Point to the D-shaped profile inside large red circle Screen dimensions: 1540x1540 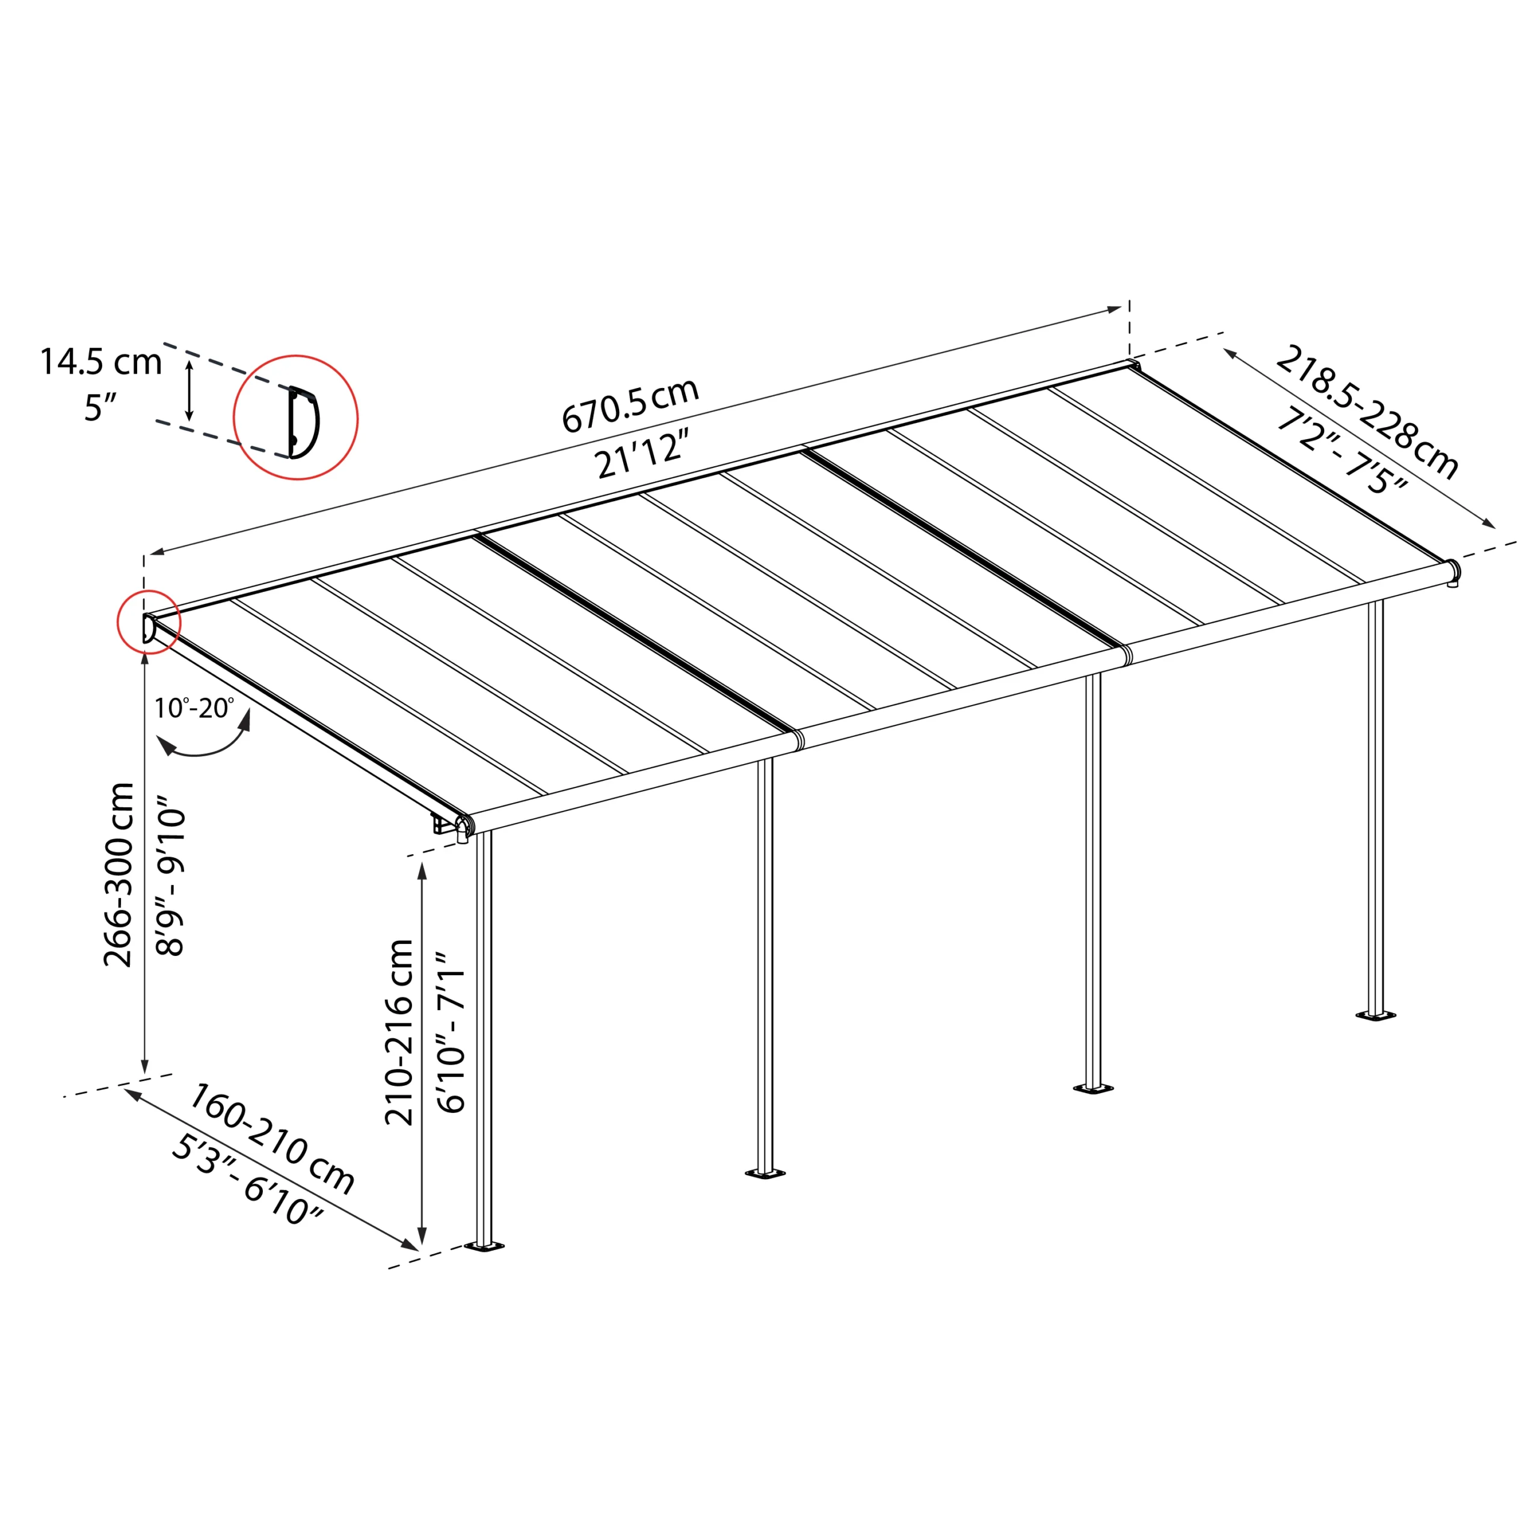tap(303, 422)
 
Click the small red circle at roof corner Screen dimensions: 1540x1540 tap(149, 622)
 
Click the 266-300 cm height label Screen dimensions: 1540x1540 tap(120, 875)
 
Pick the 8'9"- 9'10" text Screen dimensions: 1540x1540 tap(171, 875)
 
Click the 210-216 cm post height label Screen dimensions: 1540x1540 tap(399, 1032)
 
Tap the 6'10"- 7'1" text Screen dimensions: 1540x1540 tap(451, 1032)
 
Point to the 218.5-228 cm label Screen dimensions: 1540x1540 tap(1366, 412)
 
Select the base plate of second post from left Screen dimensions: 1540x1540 tap(765, 1173)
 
